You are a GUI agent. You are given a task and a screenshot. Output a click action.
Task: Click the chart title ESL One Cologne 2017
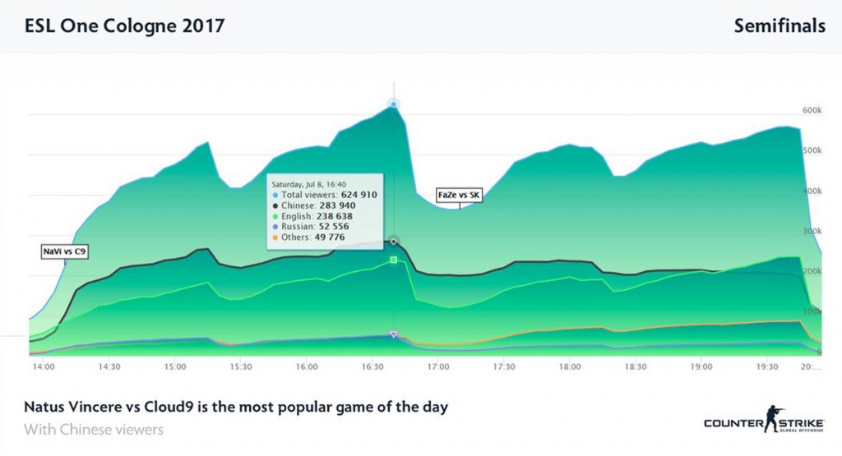click(124, 25)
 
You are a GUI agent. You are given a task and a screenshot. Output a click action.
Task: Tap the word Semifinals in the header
click(780, 25)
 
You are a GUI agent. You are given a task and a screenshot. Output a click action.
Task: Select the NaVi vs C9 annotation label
click(64, 251)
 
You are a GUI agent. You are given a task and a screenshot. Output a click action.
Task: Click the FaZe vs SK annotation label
click(459, 195)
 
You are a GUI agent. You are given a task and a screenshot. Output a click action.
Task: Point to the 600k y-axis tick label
click(812, 110)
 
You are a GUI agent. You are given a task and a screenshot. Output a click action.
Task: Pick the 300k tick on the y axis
click(812, 231)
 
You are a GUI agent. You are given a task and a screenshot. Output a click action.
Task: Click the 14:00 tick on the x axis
click(44, 367)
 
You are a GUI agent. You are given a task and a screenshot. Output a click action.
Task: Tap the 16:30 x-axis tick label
click(372, 367)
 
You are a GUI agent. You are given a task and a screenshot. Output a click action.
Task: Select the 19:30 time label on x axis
click(767, 367)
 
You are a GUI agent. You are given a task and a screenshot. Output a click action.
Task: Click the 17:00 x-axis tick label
click(438, 367)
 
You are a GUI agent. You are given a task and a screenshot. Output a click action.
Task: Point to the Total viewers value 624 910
click(359, 195)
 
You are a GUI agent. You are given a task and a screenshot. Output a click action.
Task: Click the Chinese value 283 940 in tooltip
click(337, 205)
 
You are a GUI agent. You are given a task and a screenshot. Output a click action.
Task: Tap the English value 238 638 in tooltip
click(335, 216)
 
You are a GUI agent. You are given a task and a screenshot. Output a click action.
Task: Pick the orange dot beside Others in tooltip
click(275, 237)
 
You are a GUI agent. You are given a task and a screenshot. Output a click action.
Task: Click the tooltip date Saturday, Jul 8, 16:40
click(309, 185)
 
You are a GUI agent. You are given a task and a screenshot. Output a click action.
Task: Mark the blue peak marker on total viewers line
click(394, 104)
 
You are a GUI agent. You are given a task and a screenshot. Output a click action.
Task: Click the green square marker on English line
click(394, 260)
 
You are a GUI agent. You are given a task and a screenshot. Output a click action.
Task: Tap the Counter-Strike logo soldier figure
click(773, 419)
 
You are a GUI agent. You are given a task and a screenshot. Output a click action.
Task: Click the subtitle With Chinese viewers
click(94, 430)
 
